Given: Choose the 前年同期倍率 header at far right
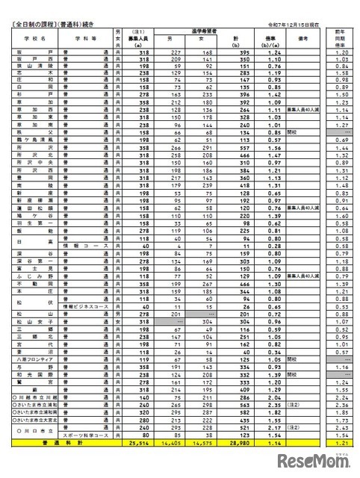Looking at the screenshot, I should coord(341,38).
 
